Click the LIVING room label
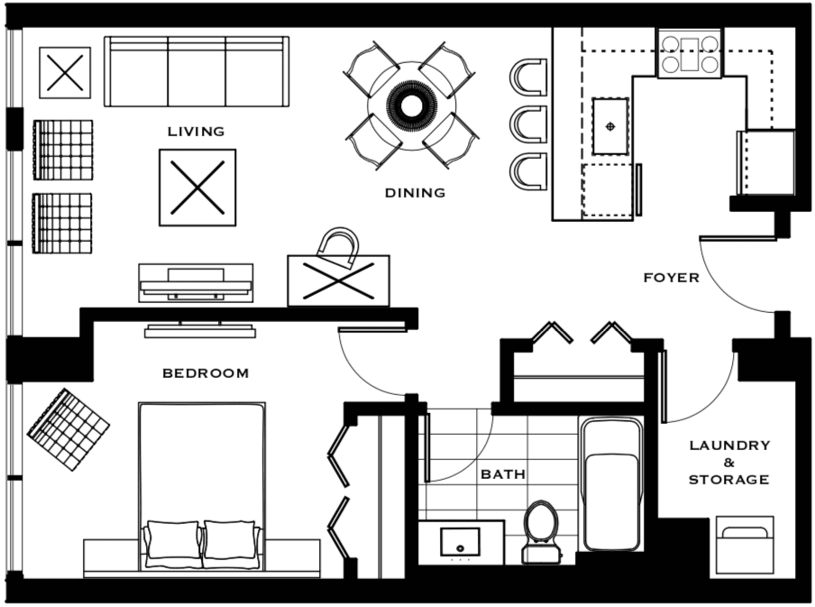[196, 132]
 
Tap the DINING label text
[415, 193]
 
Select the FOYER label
[671, 278]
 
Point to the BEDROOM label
[206, 372]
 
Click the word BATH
[503, 474]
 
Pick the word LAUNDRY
[729, 446]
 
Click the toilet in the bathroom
[541, 531]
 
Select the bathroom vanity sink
[460, 542]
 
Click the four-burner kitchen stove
[690, 54]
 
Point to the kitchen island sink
[610, 126]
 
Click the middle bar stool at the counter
[528, 124]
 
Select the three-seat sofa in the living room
[197, 72]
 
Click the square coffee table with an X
[197, 188]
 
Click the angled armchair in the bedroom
[69, 429]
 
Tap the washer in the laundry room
[745, 545]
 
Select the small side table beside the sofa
[65, 72]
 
